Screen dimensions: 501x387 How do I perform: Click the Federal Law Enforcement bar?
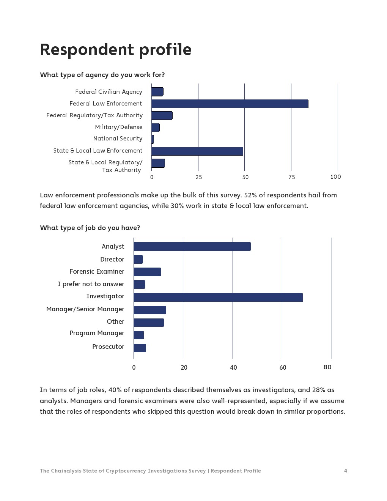coord(230,104)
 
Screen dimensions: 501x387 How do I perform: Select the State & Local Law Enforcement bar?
coord(197,151)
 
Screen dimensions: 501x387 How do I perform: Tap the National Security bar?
coord(153,139)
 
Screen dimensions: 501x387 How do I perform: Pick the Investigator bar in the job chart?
coord(218,297)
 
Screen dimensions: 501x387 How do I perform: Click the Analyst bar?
coord(192,247)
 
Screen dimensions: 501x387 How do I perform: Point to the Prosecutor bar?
coord(140,348)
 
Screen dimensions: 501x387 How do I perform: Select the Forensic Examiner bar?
coord(147,272)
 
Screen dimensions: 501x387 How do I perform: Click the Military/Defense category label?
coord(119,127)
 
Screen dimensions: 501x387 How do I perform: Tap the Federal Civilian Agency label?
coord(109,92)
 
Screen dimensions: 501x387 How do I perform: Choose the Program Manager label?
coord(97,333)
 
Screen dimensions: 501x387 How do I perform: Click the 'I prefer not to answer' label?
coord(91,284)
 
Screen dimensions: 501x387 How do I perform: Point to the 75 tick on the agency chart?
coord(291,177)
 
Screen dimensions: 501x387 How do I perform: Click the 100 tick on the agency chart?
coord(335,177)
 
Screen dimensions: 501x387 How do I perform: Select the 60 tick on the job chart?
coord(283,367)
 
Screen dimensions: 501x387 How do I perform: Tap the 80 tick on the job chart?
coord(327,367)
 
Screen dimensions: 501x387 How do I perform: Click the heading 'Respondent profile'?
coord(116,50)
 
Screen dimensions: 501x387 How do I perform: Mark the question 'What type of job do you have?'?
coord(90,228)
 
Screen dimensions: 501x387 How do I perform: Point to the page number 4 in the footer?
coord(346,471)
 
